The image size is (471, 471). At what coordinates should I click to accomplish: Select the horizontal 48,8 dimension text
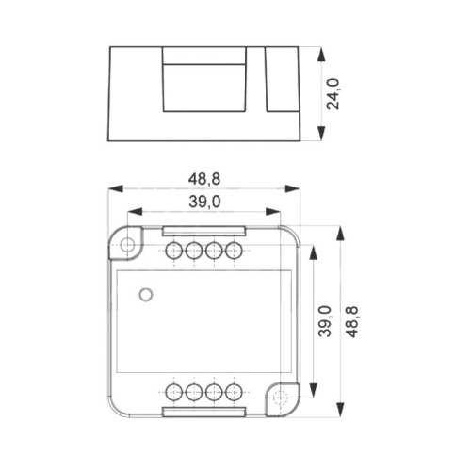tap(204, 177)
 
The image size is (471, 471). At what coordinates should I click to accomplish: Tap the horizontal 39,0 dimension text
tap(204, 202)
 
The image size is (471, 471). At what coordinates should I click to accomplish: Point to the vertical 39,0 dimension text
tap(324, 321)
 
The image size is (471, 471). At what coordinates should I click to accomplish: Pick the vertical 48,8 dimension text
tap(351, 321)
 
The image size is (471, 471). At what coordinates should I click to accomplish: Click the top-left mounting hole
tap(127, 244)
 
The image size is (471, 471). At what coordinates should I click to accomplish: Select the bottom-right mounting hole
tap(279, 398)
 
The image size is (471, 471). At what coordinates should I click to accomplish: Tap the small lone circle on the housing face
tap(145, 295)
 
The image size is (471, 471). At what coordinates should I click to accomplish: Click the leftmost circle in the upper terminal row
tap(174, 251)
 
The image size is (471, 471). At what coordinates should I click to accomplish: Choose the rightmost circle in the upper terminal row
tap(234, 251)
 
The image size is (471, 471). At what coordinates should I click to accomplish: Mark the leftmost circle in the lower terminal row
tap(174, 392)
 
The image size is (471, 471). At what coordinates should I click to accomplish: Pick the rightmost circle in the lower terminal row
tap(234, 392)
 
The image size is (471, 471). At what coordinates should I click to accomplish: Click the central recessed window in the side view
tap(205, 86)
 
